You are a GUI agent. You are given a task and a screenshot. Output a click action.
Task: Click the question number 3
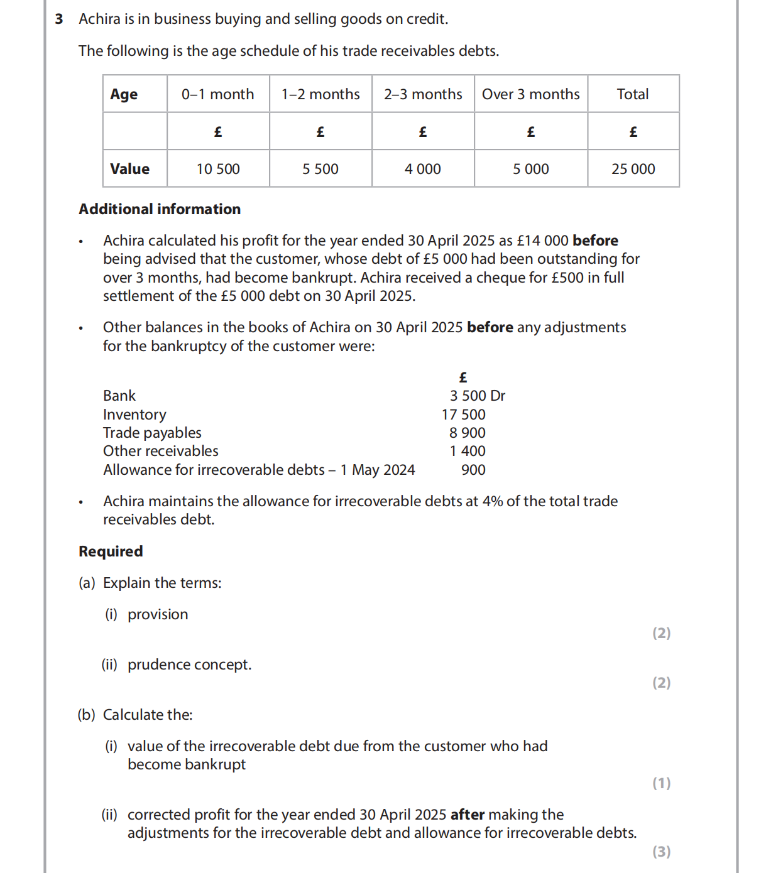point(59,19)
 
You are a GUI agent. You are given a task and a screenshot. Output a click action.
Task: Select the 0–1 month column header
point(217,94)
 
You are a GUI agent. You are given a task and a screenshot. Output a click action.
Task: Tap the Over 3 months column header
point(530,94)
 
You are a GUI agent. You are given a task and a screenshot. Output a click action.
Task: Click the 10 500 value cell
point(218,169)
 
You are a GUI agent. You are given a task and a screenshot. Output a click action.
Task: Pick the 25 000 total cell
point(633,169)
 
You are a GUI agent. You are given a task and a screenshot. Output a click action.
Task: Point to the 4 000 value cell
point(422,169)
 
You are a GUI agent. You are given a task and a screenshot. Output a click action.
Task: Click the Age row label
point(124,94)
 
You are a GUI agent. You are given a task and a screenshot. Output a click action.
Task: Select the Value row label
point(129,169)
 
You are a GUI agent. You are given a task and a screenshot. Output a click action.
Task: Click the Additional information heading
point(160,209)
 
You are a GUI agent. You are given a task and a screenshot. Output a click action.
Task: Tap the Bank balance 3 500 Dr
point(477,396)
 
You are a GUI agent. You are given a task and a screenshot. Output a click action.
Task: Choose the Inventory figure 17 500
point(463,415)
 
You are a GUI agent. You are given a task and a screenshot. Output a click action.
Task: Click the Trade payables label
point(152,433)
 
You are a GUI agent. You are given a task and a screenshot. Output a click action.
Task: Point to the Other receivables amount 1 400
point(467,451)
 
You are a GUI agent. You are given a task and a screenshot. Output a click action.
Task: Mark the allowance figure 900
point(473,470)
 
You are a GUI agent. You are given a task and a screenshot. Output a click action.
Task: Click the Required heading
point(111,551)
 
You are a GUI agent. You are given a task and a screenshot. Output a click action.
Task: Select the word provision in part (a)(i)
point(158,614)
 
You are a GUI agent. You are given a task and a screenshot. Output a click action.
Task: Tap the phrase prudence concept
point(189,664)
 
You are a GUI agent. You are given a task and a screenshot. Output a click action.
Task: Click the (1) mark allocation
point(661,783)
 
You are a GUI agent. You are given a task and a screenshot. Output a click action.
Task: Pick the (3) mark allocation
point(661,852)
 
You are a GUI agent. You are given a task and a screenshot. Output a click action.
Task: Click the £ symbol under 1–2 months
point(320,132)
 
